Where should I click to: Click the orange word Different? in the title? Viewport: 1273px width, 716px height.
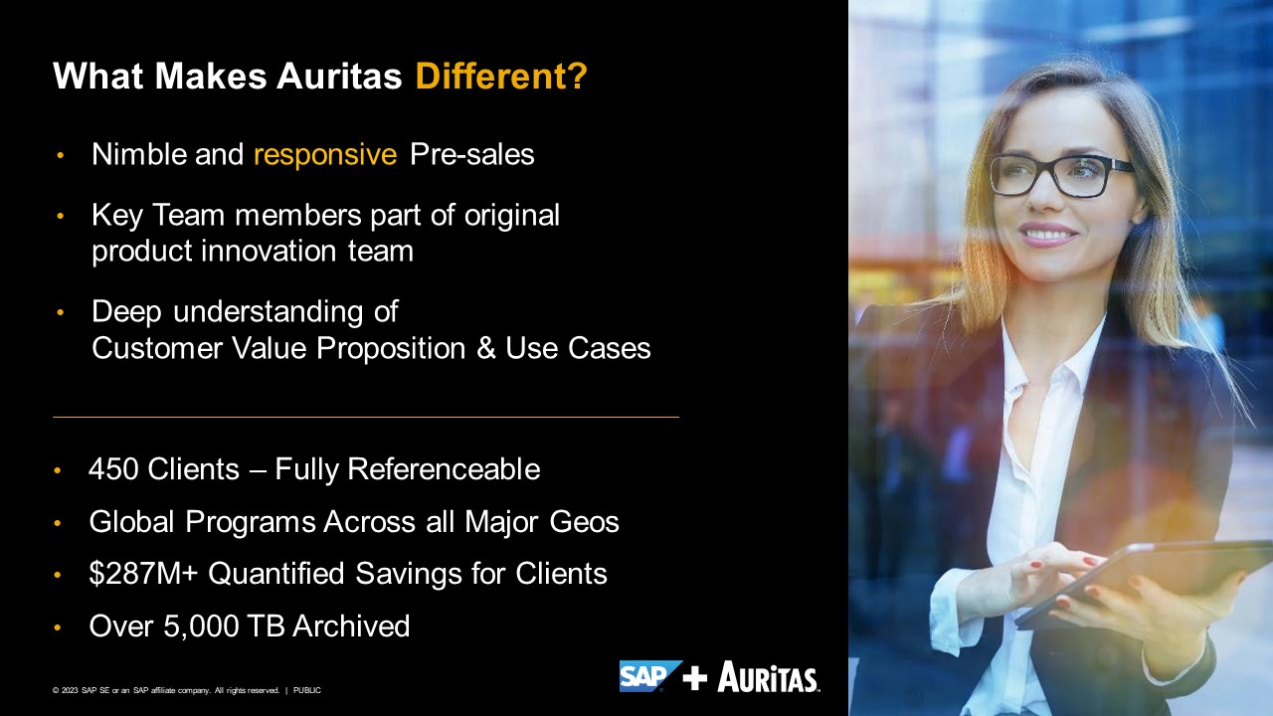click(501, 77)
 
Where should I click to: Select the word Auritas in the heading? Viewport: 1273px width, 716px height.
click(339, 77)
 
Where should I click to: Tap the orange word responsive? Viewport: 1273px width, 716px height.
click(325, 155)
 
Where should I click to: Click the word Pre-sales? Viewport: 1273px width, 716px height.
click(471, 154)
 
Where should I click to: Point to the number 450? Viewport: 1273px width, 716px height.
click(113, 469)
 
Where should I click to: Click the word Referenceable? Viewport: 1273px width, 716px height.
click(444, 469)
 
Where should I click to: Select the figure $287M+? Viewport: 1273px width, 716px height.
click(143, 573)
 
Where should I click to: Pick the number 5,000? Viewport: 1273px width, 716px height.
click(201, 626)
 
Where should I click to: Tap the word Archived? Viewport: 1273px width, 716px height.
click(351, 626)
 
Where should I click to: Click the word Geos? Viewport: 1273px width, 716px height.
click(584, 522)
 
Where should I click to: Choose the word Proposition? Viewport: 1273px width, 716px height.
click(391, 348)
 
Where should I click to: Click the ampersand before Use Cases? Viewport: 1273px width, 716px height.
click(486, 348)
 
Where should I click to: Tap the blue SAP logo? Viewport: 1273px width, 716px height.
click(649, 675)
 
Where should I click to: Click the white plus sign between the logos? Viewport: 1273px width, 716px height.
click(694, 677)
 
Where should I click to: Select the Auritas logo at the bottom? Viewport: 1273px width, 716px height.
click(769, 676)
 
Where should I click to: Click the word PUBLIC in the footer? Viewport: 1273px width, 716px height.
click(307, 690)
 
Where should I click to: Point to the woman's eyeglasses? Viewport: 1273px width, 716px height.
click(1061, 174)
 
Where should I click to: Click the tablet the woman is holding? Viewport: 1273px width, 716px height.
click(1144, 583)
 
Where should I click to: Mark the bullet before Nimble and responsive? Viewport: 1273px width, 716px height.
click(61, 155)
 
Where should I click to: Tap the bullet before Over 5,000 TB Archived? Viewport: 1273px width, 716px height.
click(57, 627)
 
